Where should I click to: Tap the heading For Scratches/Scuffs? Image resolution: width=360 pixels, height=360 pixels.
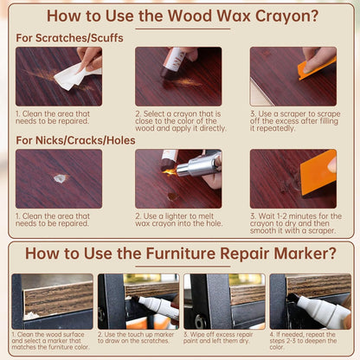pyautogui.click(x=69, y=38)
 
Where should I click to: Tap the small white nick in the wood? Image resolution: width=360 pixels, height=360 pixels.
pyautogui.click(x=60, y=178)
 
